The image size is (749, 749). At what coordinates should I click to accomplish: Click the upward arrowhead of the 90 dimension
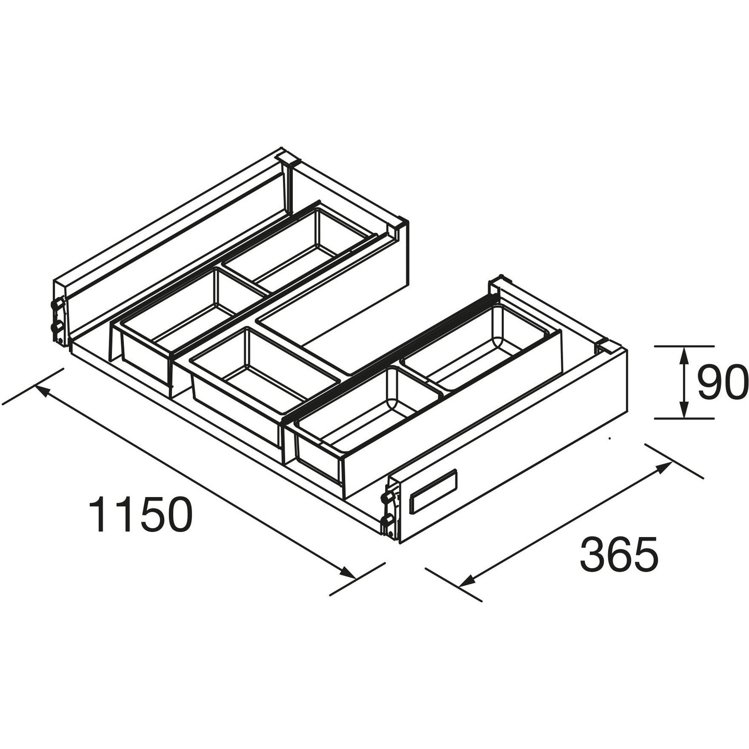click(x=684, y=355)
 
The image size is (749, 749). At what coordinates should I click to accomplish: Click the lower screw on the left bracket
click(x=55, y=328)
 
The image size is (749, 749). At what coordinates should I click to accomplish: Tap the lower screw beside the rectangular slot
click(x=386, y=520)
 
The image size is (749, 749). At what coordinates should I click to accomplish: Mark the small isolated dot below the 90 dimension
click(x=610, y=439)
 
